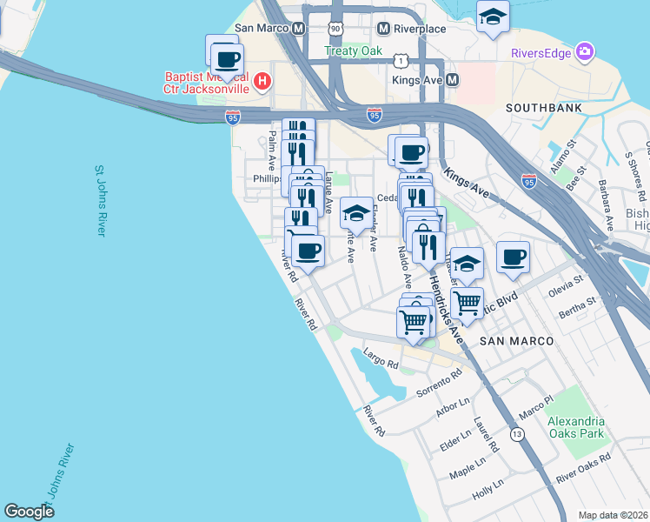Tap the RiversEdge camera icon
(586, 52)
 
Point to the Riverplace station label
(420, 29)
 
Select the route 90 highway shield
(335, 29)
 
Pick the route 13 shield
(518, 434)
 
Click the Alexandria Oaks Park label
(575, 426)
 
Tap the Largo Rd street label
(381, 357)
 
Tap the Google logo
(29, 512)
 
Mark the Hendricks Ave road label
(446, 304)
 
